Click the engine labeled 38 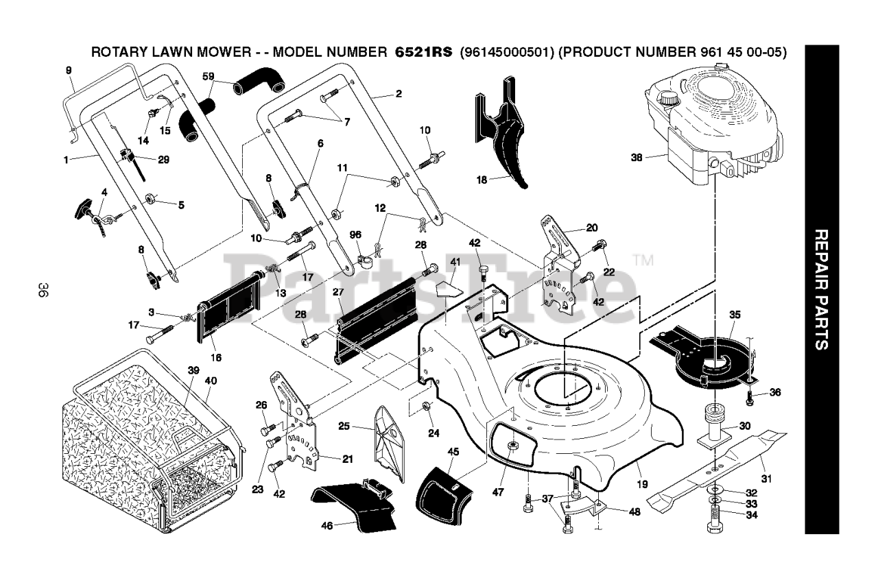713,130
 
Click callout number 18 482,180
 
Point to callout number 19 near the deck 642,484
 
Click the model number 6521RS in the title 423,52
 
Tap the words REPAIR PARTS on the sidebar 822,289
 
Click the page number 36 43,289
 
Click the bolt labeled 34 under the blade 715,518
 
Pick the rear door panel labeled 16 229,308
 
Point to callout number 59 208,76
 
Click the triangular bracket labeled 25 389,443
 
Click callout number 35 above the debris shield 735,315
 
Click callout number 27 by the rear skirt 338,292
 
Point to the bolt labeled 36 750,398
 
